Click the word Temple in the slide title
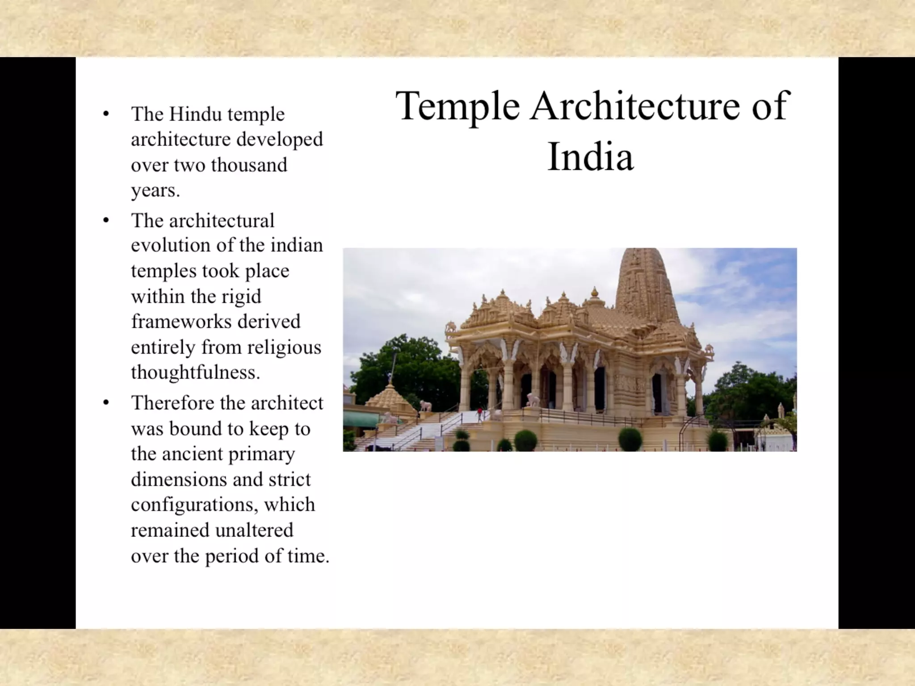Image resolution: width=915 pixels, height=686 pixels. pyautogui.click(x=457, y=106)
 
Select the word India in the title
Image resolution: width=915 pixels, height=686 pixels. pyautogui.click(x=590, y=157)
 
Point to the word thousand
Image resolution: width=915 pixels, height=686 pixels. pyautogui.click(x=249, y=165)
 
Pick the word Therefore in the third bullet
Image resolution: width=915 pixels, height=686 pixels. pyautogui.click(x=172, y=403)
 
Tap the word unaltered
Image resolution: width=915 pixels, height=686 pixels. pyautogui.click(x=254, y=530)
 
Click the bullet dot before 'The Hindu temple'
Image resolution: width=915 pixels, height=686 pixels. pyautogui.click(x=106, y=114)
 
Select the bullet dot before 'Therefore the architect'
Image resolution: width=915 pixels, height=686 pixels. pyautogui.click(x=106, y=403)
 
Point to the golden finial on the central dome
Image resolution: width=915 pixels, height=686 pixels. pyautogui.click(x=595, y=293)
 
